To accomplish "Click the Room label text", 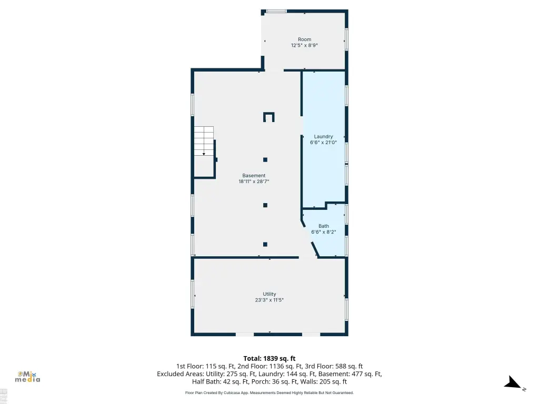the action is (x=305, y=39).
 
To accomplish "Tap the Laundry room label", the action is (x=324, y=136).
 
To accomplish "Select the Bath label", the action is (x=324, y=226).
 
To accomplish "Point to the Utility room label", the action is (x=269, y=294).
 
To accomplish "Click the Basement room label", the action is (x=254, y=176).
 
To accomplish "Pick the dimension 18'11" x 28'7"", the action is (x=254, y=181).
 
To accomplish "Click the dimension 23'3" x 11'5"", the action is (x=269, y=300).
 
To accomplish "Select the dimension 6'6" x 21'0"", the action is (x=324, y=142).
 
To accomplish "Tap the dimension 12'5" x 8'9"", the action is (x=305, y=45).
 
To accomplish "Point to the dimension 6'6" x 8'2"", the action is (x=324, y=232).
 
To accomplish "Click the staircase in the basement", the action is (x=204, y=141).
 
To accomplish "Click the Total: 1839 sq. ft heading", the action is (x=269, y=359).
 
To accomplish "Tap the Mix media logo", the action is (x=27, y=377).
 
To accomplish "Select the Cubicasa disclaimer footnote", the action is (x=269, y=392).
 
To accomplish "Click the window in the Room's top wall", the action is (x=277, y=12).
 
